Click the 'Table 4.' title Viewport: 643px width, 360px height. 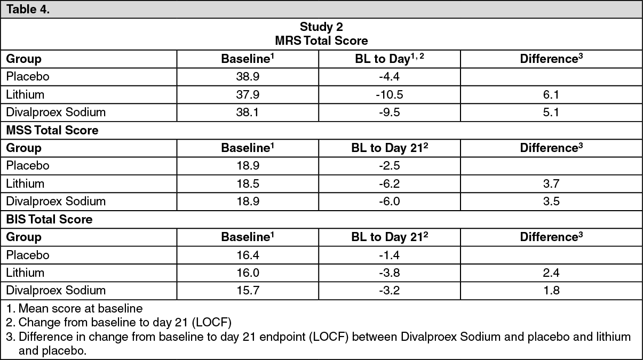coord(28,9)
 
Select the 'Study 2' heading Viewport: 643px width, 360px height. coord(321,27)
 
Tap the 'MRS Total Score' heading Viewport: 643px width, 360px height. coord(321,41)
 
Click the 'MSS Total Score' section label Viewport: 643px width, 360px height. coord(52,130)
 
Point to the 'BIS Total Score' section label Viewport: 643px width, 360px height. coord(50,219)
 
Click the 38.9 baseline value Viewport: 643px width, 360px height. coord(248,77)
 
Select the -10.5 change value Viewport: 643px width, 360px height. coord(389,94)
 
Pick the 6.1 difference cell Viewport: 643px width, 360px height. coord(551,94)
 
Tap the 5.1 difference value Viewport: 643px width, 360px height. coord(551,112)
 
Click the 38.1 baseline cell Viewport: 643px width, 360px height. coord(248,112)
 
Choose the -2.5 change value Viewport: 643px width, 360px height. coord(389,166)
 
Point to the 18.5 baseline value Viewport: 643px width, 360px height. coord(248,183)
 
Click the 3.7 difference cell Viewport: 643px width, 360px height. coord(551,183)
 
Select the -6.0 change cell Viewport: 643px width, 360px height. coord(389,202)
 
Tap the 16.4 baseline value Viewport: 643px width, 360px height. coord(248,255)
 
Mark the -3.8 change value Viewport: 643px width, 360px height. coord(389,273)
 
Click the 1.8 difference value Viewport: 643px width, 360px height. coord(551,291)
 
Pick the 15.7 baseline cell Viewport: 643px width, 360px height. coord(248,291)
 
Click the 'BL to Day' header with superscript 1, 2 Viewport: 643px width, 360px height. coord(389,59)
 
